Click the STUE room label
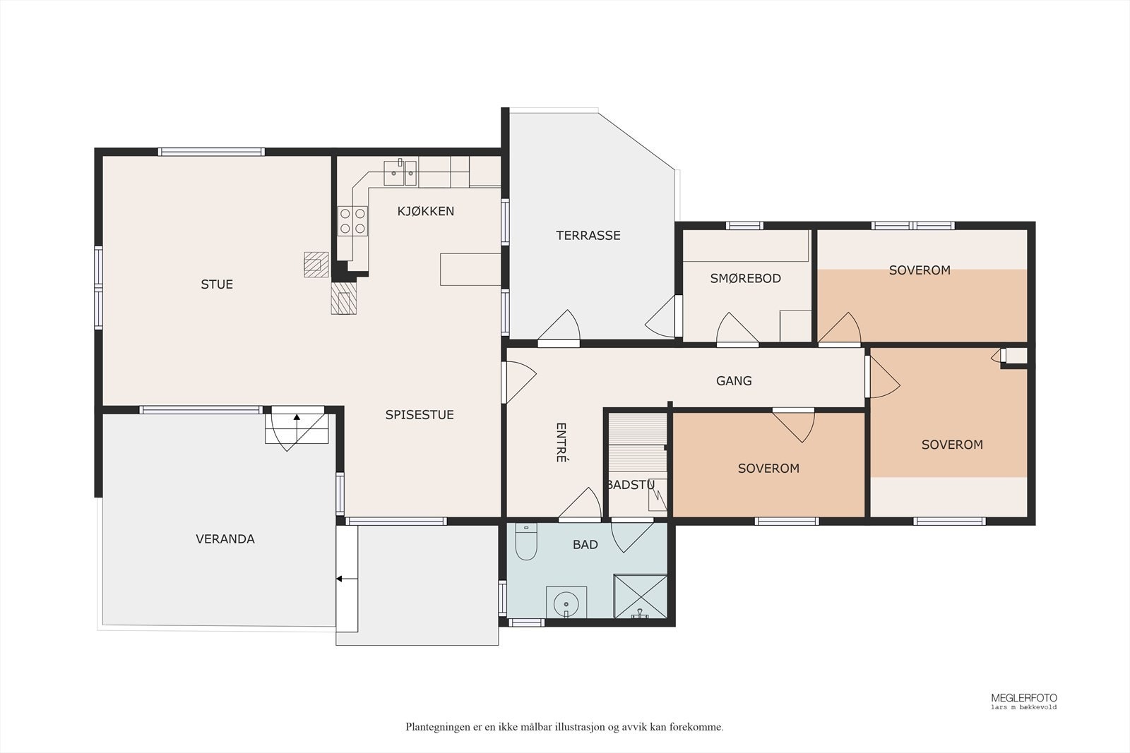[217, 284]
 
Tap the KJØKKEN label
[426, 211]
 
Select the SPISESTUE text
[420, 415]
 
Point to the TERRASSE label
[588, 236]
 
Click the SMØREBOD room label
[746, 278]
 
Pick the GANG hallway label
[734, 381]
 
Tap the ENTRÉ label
[561, 442]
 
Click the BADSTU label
[631, 485]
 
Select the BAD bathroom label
[585, 544]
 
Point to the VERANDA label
[225, 538]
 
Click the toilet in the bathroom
[526, 542]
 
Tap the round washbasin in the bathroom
[566, 603]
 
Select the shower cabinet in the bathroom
[640, 596]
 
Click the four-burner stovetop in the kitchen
[352, 221]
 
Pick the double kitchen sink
[400, 173]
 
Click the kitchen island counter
[470, 270]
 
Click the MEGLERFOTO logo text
[1024, 698]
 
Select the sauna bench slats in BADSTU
[638, 442]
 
